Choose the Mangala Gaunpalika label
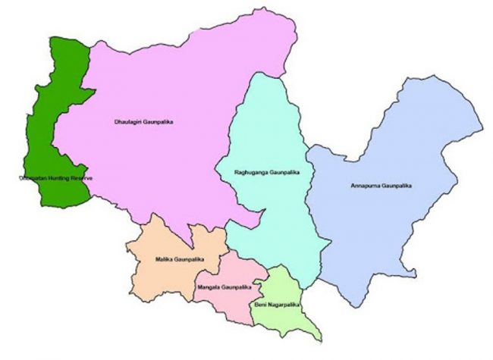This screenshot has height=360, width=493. click(224, 287)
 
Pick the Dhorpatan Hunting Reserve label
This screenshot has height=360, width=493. click(56, 178)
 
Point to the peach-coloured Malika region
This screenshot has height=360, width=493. click(163, 280)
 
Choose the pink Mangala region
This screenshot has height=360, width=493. click(228, 273)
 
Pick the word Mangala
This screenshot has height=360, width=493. click(210, 287)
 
